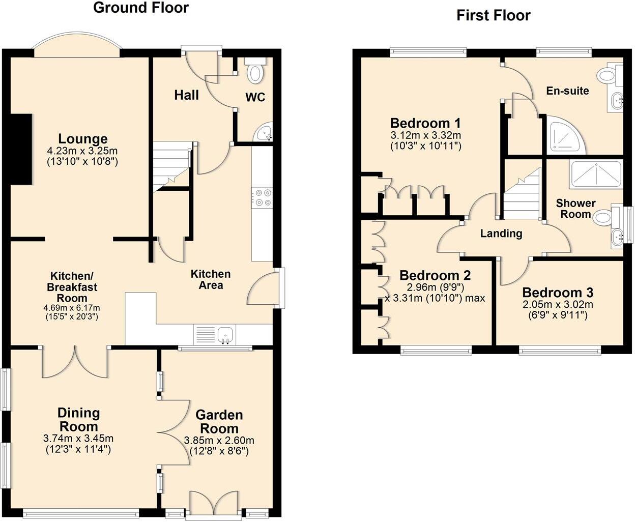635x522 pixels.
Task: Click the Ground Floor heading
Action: (141, 8)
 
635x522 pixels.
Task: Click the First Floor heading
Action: (493, 15)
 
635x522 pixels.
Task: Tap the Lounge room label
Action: (82, 139)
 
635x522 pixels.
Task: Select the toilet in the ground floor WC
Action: (254, 71)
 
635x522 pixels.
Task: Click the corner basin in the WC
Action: (266, 134)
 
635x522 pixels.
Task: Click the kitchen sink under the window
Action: (224, 335)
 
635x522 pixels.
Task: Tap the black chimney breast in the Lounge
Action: (21, 150)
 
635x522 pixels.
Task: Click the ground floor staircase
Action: (172, 165)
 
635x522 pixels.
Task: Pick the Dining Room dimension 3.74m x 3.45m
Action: (78, 439)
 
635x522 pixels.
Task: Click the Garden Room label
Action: (219, 422)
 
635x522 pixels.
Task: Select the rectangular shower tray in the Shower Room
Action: (596, 174)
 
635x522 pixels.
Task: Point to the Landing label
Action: (501, 234)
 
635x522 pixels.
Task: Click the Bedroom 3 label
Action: (558, 293)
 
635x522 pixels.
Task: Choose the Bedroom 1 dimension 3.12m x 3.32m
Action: (425, 135)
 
